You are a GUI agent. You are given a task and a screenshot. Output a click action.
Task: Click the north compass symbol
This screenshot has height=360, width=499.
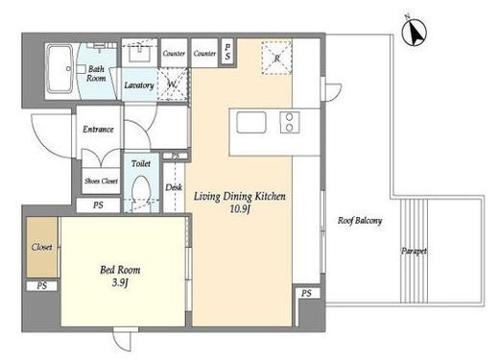tap(414, 31)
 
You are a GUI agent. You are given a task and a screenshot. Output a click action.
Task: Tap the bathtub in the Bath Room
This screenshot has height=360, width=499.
tap(59, 69)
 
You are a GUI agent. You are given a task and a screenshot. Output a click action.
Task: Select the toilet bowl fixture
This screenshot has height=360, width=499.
tap(141, 191)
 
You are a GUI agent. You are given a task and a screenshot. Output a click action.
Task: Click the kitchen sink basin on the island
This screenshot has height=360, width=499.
tap(251, 122)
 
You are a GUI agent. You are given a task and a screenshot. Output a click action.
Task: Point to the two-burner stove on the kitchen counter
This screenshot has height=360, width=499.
tap(290, 122)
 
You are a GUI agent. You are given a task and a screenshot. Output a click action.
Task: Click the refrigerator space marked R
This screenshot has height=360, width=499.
tap(276, 58)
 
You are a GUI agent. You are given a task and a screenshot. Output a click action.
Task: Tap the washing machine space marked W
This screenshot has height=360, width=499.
tap(173, 84)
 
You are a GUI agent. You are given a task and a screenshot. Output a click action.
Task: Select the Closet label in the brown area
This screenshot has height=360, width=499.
tap(41, 247)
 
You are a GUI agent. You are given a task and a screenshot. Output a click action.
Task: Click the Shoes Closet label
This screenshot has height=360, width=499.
tap(101, 181)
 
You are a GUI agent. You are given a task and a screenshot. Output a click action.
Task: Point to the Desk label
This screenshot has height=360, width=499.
tap(174, 187)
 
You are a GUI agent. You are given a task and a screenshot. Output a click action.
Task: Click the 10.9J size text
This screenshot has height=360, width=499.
tap(240, 209)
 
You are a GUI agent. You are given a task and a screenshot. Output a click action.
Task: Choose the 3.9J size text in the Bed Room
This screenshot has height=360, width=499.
tap(120, 283)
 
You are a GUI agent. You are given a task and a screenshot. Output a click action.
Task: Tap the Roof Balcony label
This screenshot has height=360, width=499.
tap(360, 221)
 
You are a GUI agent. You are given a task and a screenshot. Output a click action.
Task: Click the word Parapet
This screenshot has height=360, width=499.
tap(414, 252)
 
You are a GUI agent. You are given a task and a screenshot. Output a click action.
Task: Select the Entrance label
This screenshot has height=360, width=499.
tap(98, 130)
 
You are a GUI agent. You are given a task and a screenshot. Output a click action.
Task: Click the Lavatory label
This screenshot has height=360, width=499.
tap(139, 85)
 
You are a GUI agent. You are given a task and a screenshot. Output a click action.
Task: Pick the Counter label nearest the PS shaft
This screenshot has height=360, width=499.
tap(204, 54)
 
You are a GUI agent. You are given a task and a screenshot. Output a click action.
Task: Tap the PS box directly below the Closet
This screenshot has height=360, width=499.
tap(42, 286)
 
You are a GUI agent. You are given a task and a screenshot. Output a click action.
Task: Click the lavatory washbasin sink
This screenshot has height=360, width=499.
tap(139, 54)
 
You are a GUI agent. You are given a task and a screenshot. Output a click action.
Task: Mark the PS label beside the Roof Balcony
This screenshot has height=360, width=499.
tap(306, 293)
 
